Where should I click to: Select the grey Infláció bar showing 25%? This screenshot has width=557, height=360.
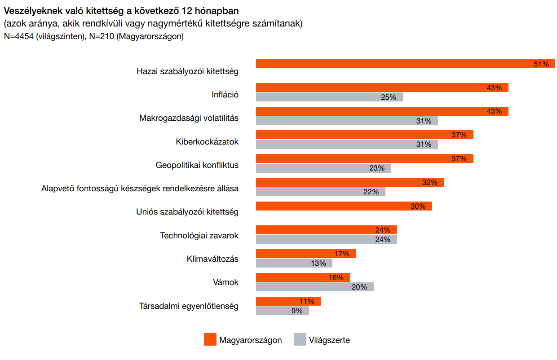pyautogui.click(x=329, y=97)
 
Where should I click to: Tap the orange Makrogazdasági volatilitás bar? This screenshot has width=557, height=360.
pyautogui.click(x=382, y=111)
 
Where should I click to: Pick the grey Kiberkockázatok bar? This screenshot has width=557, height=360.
pyautogui.click(x=347, y=145)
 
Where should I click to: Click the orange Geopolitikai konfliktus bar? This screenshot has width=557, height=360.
pyautogui.click(x=364, y=158)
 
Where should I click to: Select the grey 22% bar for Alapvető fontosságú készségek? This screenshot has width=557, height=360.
pyautogui.click(x=320, y=192)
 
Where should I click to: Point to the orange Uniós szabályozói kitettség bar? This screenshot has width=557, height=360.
pyautogui.click(x=344, y=206)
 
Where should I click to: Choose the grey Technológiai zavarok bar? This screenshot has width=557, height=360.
pyautogui.click(x=326, y=239)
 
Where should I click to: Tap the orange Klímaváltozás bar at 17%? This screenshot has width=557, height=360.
pyautogui.click(x=305, y=254)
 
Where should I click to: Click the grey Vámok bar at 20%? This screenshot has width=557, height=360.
pyautogui.click(x=314, y=287)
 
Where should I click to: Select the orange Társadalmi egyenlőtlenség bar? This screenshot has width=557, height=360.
pyautogui.click(x=288, y=301)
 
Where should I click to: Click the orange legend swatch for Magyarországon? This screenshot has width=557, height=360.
pyautogui.click(x=210, y=340)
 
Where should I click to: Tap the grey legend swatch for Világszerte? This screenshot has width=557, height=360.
pyautogui.click(x=300, y=340)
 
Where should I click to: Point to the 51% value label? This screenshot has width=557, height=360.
pyautogui.click(x=541, y=64)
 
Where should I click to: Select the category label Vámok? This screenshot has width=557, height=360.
pyautogui.click(x=225, y=283)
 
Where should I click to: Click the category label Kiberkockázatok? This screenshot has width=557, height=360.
pyautogui.click(x=207, y=142)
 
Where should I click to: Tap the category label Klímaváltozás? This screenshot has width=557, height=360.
pyautogui.click(x=212, y=259)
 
